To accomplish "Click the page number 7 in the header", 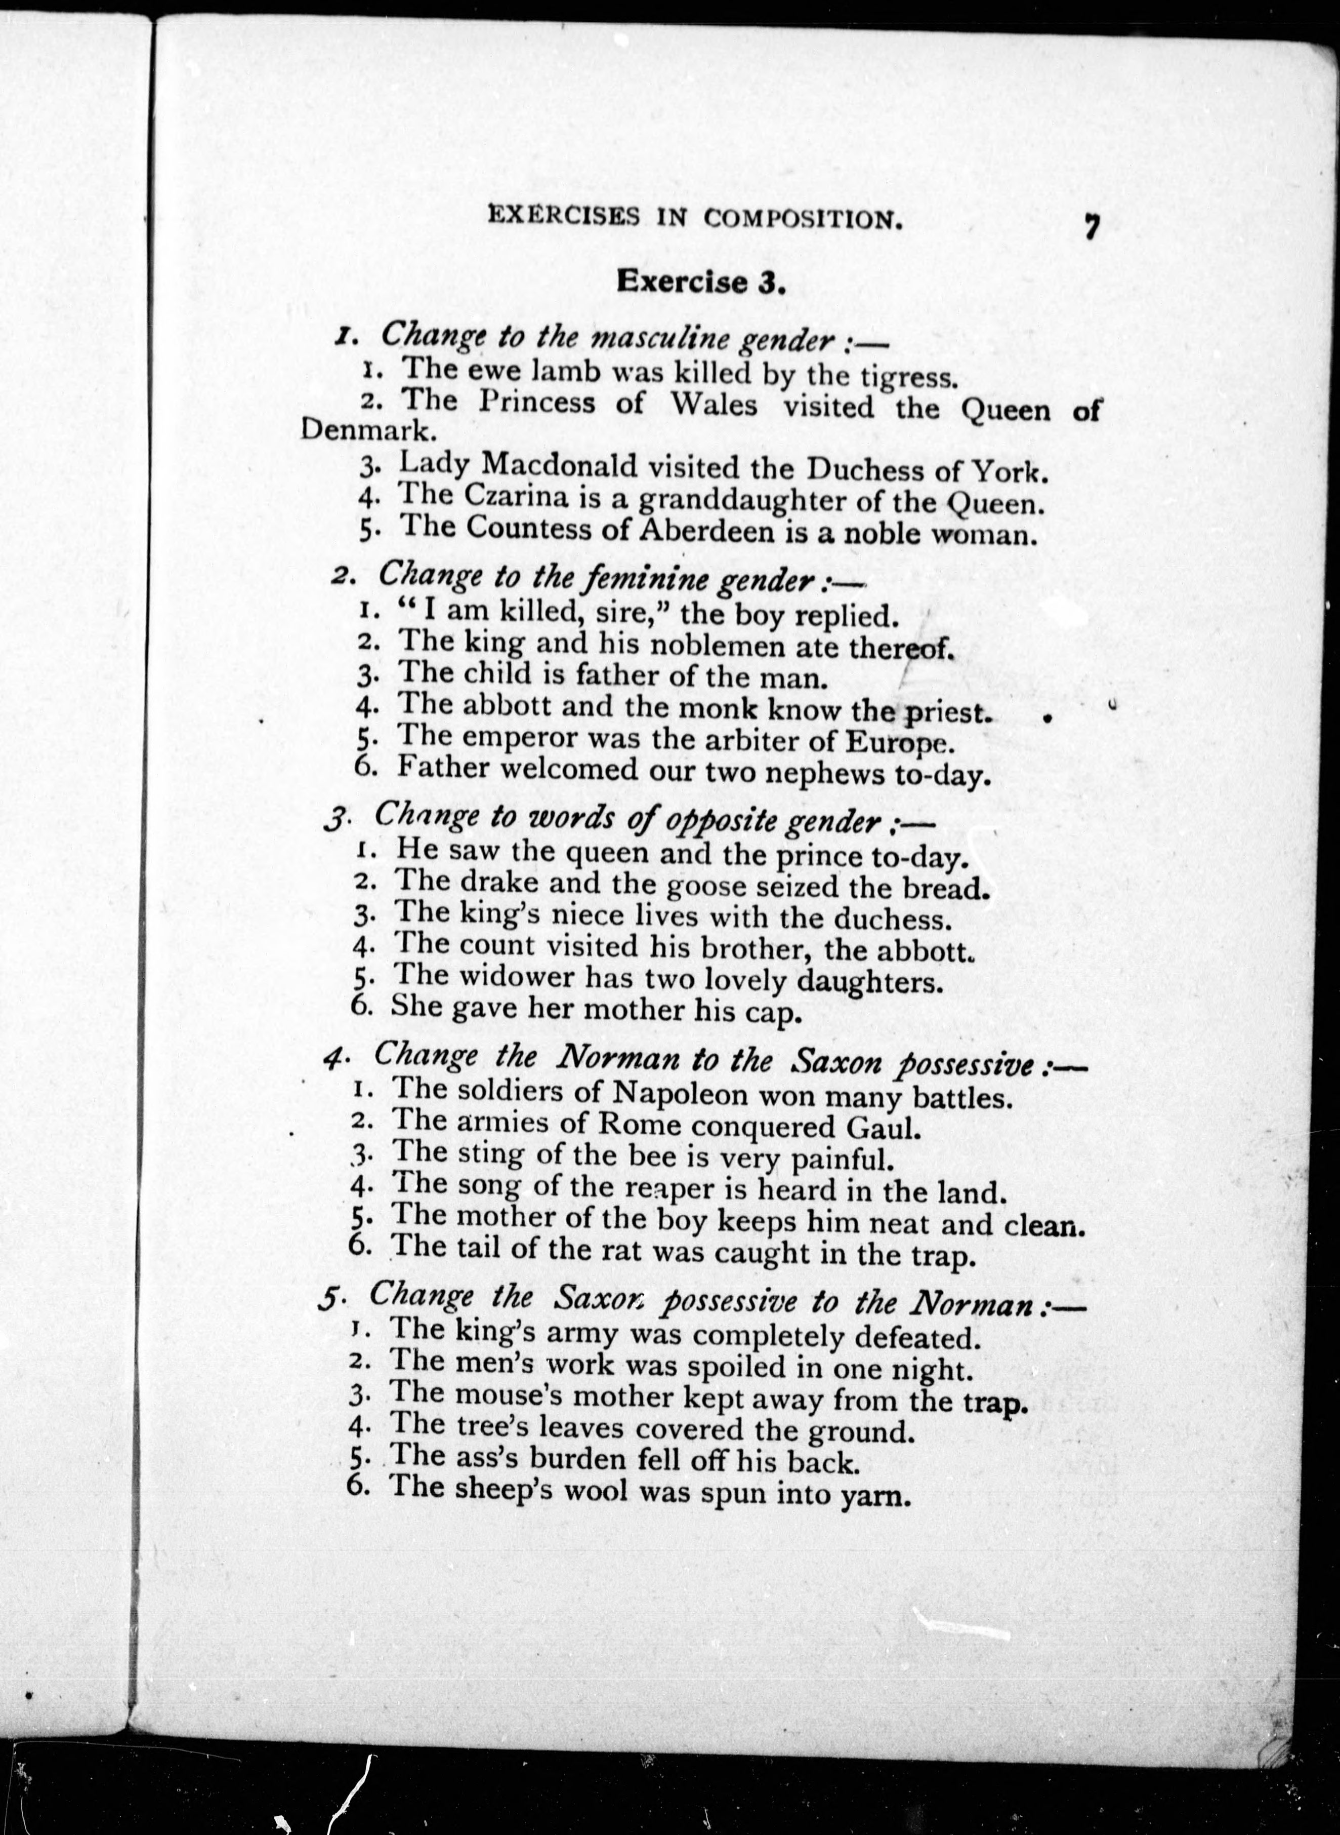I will pyautogui.click(x=1091, y=226).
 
